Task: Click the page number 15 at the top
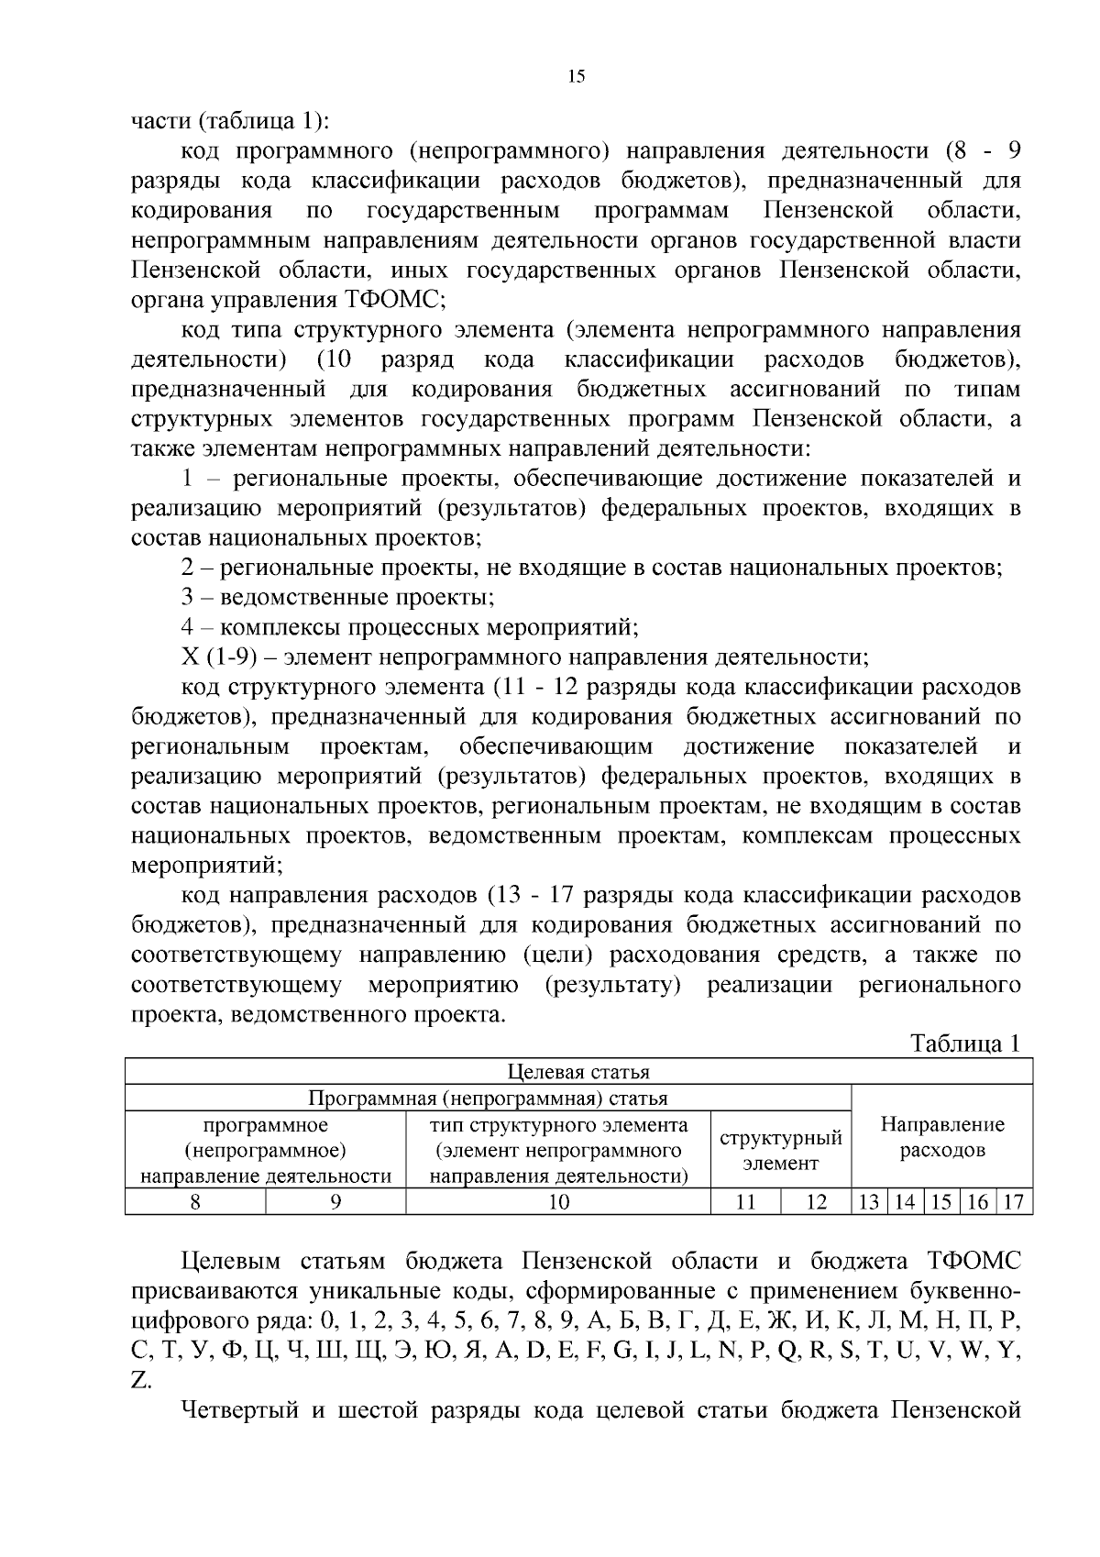[576, 77]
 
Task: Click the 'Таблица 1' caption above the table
[964, 1044]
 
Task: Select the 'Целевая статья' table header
[578, 1072]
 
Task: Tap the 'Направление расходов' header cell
[942, 1137]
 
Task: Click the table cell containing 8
[195, 1201]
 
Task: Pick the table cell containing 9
[335, 1201]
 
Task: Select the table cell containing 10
[558, 1201]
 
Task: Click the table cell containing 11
[745, 1201]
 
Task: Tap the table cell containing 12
[816, 1201]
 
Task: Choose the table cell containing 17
[1013, 1201]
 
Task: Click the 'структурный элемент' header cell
[781, 1151]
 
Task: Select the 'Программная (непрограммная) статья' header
[488, 1099]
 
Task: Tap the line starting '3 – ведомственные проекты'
[337, 598]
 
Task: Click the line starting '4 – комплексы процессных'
[409, 628]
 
